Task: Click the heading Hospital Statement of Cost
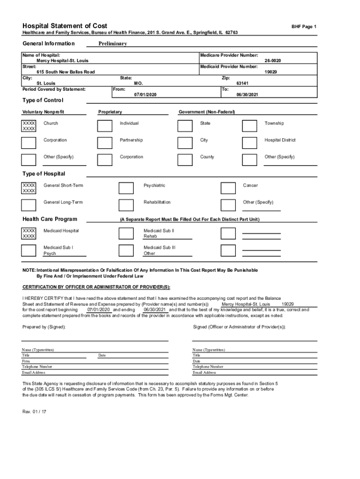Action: tap(65, 26)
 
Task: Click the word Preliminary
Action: tap(113, 44)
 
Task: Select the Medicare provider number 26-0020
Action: tap(273, 61)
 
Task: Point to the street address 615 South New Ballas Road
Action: tap(65, 72)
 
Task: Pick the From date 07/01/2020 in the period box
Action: tap(145, 94)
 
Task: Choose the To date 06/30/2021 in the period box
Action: tap(248, 94)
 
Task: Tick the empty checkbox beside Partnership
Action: tap(105, 142)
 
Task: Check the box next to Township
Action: tap(250, 126)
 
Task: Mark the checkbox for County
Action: tap(185, 159)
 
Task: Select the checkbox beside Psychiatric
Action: tap(126, 188)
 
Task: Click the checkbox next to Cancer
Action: tap(228, 188)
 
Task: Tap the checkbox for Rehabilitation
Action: tap(126, 205)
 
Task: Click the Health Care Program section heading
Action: tap(50, 219)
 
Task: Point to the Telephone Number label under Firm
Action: tap(37, 367)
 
